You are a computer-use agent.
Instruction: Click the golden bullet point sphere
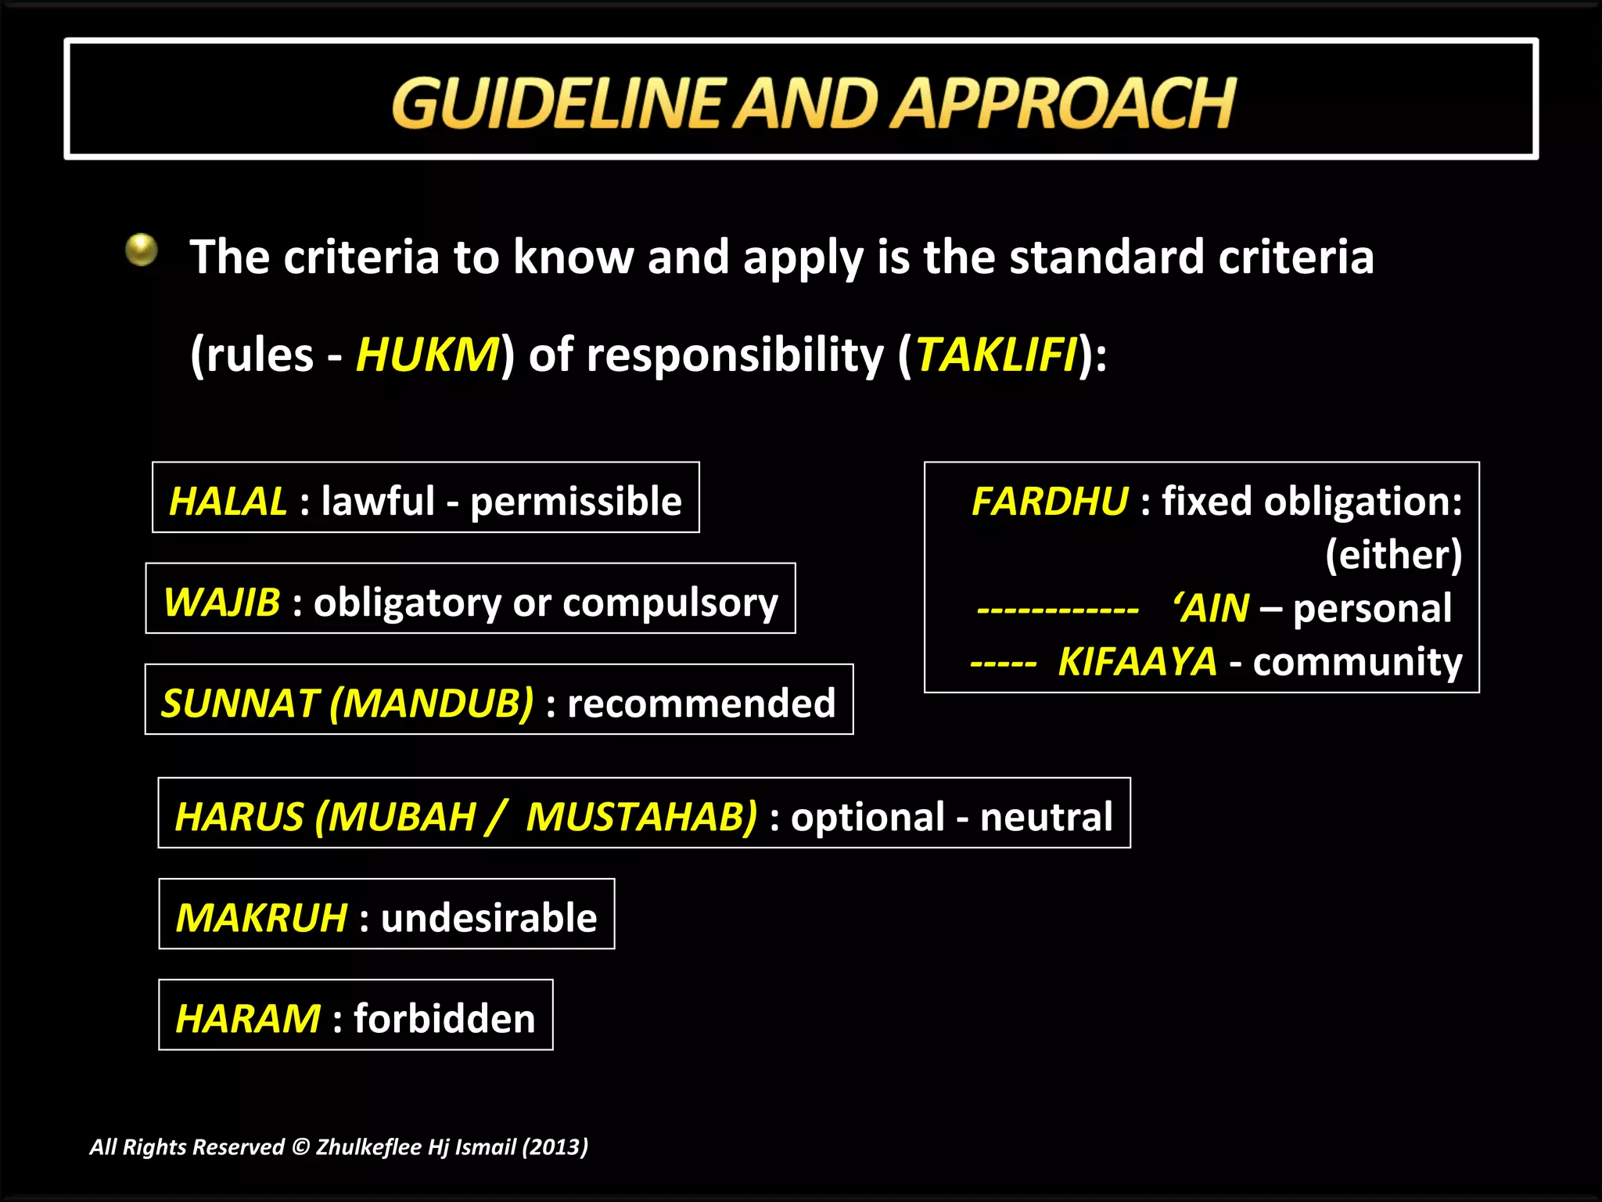142,250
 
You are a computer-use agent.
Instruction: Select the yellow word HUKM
427,354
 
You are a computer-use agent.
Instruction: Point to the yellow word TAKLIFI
996,354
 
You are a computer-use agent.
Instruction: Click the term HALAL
228,501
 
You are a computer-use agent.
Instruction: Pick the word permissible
576,501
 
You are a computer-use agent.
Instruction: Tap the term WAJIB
222,602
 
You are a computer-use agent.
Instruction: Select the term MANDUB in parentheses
432,703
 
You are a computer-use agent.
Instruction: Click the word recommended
702,703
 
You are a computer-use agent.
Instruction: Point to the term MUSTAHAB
641,816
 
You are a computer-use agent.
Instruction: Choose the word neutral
1046,816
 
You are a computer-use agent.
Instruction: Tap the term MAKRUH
261,917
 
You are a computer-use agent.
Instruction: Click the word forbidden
444,1018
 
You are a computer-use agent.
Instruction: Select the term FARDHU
1049,501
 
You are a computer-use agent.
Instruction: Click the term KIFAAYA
1137,661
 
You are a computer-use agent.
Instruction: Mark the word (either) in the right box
1393,555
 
